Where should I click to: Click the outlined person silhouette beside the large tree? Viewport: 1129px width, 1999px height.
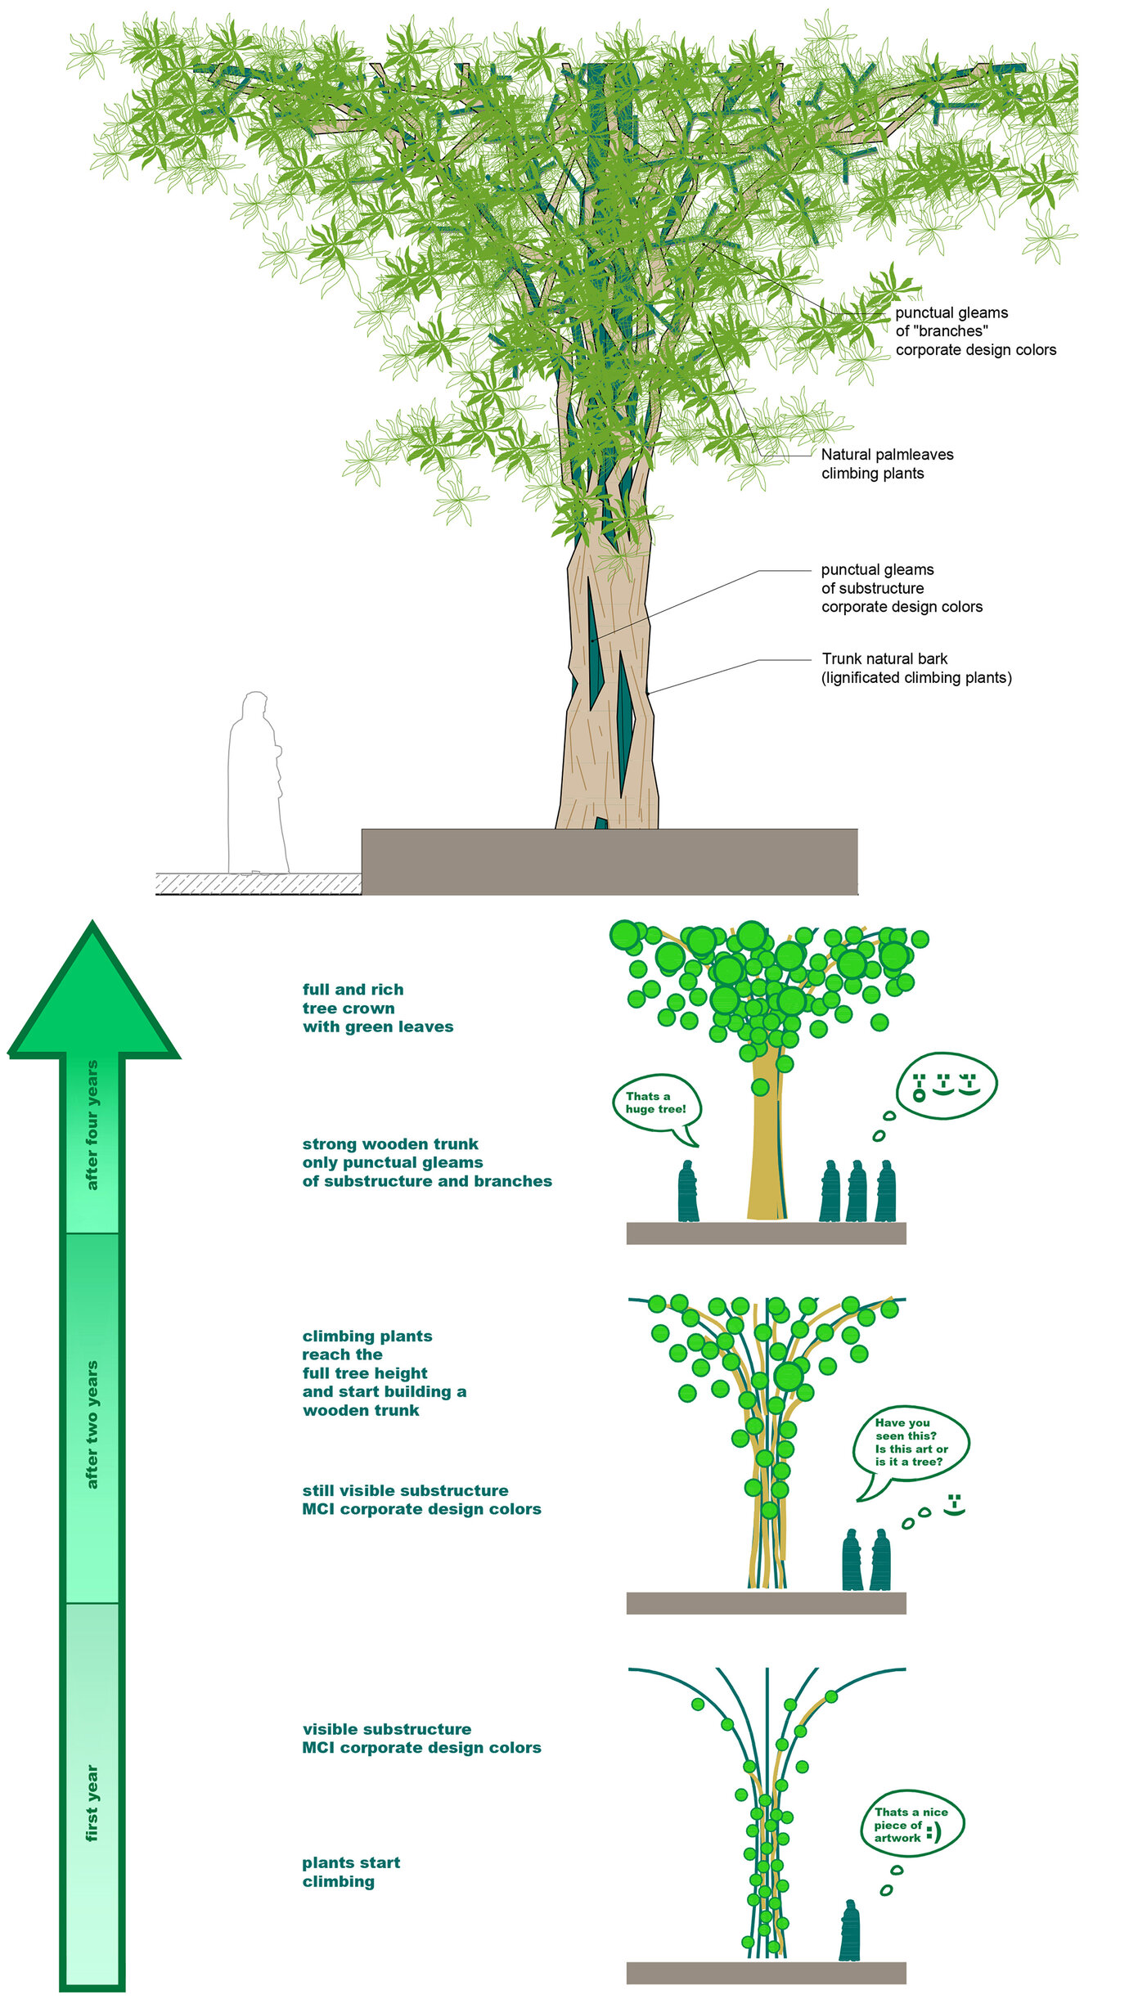pos(256,785)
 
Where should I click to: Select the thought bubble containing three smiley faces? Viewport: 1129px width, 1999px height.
pos(946,1086)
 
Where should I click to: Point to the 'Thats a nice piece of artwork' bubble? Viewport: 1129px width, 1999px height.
pos(911,1825)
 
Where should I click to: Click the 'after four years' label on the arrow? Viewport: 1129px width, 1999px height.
pos(92,1125)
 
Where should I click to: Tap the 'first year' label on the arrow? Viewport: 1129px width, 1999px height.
pos(92,1804)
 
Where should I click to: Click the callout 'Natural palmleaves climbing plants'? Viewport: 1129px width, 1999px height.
pos(887,464)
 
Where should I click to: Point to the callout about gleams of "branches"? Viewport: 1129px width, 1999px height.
pos(975,331)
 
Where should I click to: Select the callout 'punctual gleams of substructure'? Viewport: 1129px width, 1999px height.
pos(902,588)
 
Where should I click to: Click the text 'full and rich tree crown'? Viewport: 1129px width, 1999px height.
pos(377,1008)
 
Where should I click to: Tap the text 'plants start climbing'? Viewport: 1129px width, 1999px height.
pos(351,1872)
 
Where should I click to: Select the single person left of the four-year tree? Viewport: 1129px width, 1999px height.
pos(687,1192)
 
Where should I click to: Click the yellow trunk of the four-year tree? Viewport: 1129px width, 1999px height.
pos(766,1161)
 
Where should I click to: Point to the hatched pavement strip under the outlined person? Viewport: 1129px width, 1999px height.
pos(259,883)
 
